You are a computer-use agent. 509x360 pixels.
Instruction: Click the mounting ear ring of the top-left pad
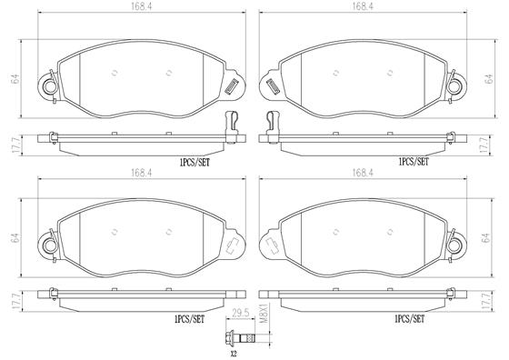(x=45, y=87)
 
